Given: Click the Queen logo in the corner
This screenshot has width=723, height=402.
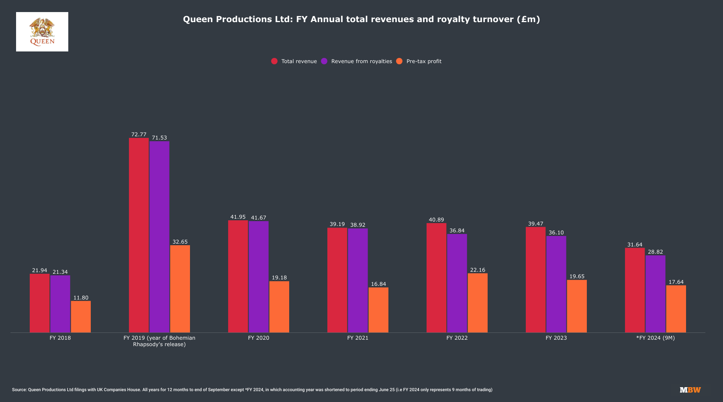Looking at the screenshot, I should coord(42,32).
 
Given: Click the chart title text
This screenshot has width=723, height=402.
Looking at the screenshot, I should coord(361,19).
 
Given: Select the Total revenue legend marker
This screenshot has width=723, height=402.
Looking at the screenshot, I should coord(274,61).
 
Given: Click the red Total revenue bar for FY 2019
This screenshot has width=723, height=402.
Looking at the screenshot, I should coord(139,235).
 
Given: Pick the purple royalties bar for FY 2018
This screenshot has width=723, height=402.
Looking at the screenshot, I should coord(60,304).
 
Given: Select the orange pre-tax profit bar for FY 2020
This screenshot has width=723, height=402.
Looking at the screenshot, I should coord(279,307).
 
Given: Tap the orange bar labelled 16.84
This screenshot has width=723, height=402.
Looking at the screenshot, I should coord(378,310).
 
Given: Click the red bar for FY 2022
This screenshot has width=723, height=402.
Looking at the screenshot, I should coord(436,278).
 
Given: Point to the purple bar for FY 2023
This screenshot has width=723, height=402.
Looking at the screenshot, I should coord(556,284).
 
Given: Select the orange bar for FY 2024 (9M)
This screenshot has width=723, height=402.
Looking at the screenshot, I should coord(676,309).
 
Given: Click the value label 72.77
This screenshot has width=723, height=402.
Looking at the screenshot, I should coord(139,135).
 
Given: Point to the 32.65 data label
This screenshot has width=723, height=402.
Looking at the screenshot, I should coord(180,242).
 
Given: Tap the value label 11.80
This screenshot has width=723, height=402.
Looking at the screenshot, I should coord(81,298).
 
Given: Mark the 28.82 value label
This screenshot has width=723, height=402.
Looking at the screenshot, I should coord(655,252).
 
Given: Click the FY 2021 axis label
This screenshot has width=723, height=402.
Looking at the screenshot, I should coord(357,338).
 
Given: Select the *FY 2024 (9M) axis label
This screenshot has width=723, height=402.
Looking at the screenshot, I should coord(656,338).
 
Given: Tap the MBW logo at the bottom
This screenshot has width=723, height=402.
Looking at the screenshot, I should coord(690,390).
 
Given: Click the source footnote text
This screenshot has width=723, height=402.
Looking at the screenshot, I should coord(252,390).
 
